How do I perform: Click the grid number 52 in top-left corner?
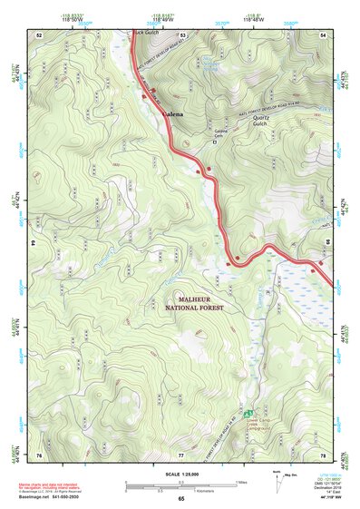(39, 34)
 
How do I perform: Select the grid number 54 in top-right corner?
(324, 34)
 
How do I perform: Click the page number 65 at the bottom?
(180, 499)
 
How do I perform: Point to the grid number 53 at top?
(182, 34)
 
